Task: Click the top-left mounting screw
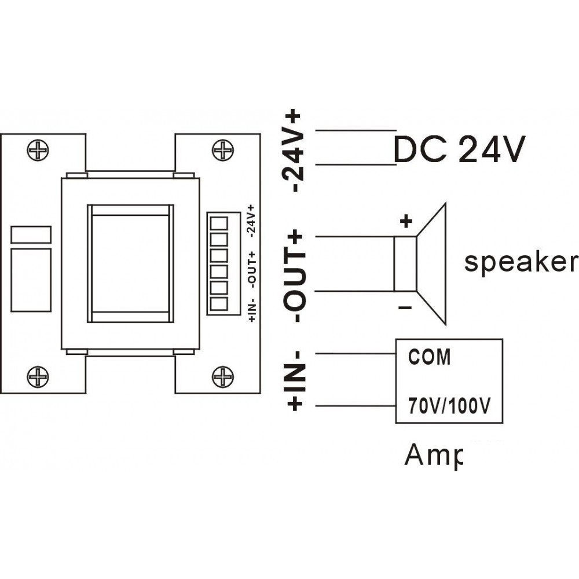pos(38,150)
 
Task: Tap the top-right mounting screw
pos(223,150)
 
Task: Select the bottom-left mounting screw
pos(38,377)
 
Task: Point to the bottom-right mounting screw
pos(223,377)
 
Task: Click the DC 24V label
pos(459,149)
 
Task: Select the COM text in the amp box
pos(430,357)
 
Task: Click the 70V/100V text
pos(449,406)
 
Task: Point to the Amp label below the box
pos(434,456)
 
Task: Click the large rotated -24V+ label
pos(293,151)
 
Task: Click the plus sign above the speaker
pos(406,222)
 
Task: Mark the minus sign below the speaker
pos(405,307)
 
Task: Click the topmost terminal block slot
pos(219,223)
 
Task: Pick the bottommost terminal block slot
pos(219,304)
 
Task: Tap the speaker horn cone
pos(431,264)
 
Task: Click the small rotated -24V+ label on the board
pos(252,221)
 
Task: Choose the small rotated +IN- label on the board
pos(252,309)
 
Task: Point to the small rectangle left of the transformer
pos(31,234)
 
